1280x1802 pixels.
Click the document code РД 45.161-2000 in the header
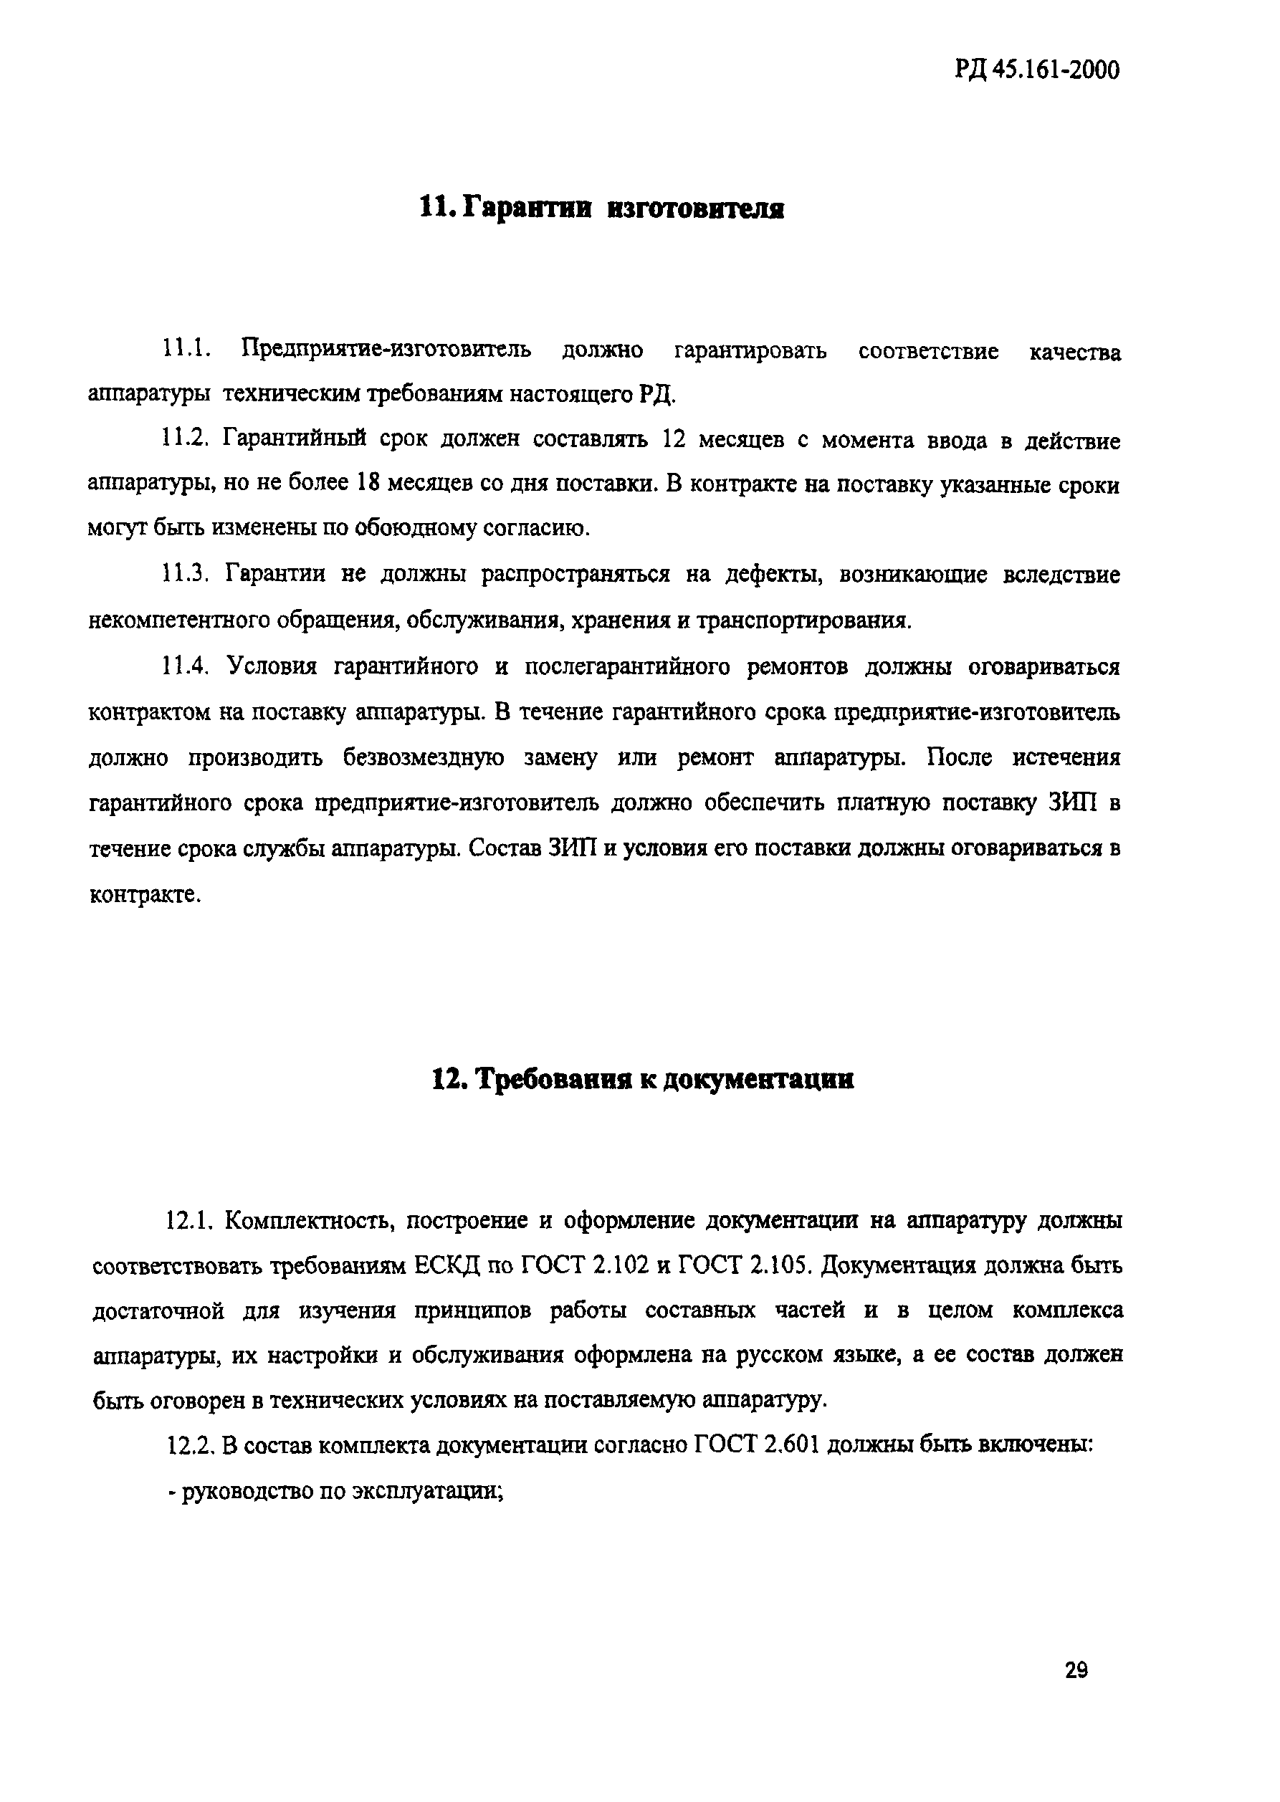1036,71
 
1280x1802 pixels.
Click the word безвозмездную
424,757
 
